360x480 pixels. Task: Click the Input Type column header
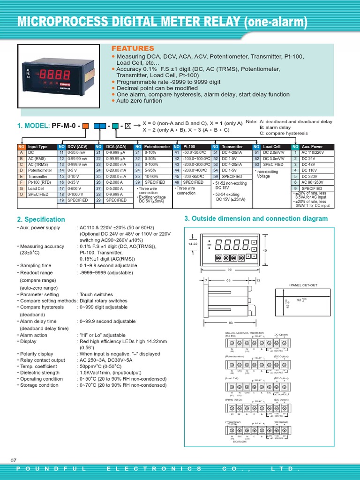(38, 147)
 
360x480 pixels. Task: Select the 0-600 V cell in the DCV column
(76, 188)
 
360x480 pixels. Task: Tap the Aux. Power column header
(312, 147)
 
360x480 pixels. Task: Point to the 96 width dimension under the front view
(230, 270)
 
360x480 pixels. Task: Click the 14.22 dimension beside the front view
(193, 244)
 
